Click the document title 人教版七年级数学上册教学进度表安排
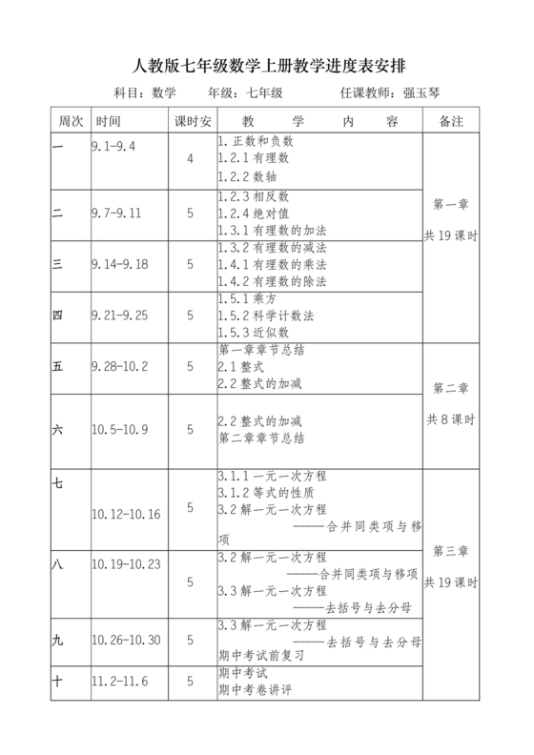coord(266,66)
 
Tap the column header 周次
coord(71,122)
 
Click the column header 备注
coord(450,122)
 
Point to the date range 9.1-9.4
coord(113,146)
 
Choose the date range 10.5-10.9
coord(120,430)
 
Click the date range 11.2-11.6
coord(117,681)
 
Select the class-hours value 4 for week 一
coord(190,158)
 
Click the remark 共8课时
coord(450,419)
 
